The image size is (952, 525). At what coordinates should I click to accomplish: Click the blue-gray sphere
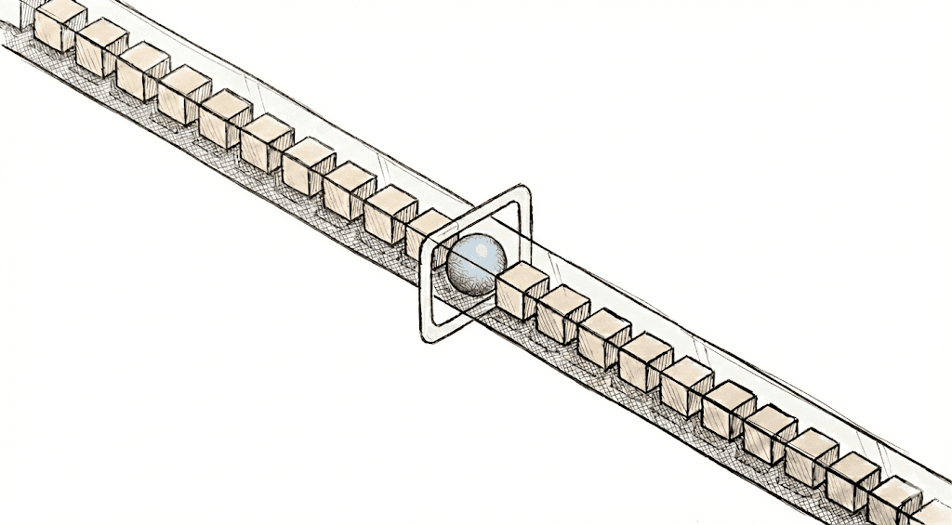click(x=476, y=264)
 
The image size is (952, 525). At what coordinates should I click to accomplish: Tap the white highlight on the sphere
click(x=480, y=248)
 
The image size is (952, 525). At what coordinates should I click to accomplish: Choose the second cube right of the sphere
click(x=562, y=313)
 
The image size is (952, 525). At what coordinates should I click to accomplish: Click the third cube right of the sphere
click(x=603, y=336)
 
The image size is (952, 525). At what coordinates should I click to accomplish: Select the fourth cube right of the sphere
click(x=644, y=361)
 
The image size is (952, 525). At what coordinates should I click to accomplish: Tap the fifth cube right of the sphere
click(x=686, y=385)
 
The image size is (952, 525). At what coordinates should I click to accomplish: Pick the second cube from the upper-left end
click(x=101, y=46)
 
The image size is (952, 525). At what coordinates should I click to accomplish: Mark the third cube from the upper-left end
click(x=142, y=71)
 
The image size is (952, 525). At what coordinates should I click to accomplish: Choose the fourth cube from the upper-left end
click(x=183, y=94)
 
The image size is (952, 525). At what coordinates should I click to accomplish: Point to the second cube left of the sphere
click(x=390, y=213)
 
